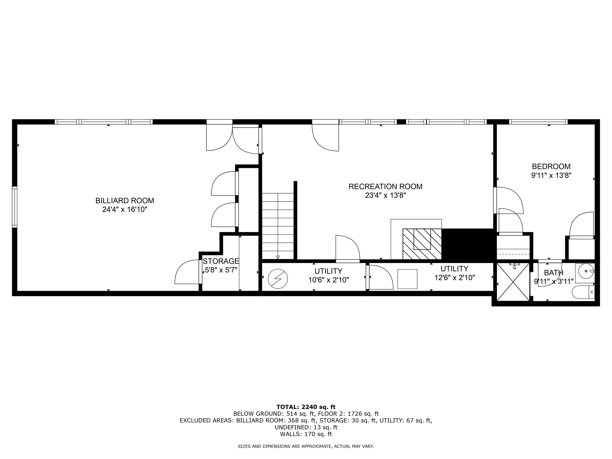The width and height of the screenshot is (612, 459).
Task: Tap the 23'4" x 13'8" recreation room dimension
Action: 385,195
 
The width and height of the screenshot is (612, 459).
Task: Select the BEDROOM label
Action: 551,166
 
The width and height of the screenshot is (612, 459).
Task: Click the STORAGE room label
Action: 221,261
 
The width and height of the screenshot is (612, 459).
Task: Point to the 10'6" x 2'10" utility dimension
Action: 328,280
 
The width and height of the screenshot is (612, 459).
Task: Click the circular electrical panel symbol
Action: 278,279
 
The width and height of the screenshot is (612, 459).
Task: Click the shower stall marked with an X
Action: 513,282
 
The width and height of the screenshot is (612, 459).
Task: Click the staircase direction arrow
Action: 278,257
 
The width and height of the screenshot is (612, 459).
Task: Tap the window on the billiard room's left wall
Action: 14,207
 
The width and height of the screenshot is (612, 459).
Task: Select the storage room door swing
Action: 187,273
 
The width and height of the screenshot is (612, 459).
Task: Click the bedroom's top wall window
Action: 538,122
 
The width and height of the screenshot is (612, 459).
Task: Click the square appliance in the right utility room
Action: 407,279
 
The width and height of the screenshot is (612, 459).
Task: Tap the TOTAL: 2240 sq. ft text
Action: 306,407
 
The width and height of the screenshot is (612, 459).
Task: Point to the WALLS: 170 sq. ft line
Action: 306,434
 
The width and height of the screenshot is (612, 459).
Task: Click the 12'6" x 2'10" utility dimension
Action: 454,277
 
